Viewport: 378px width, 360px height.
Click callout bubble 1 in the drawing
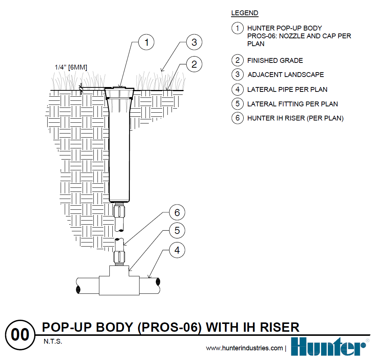click(x=147, y=42)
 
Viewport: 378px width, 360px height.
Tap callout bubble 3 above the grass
click(x=194, y=42)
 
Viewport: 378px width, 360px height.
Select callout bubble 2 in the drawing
click(x=194, y=64)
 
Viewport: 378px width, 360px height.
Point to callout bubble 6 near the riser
click(x=177, y=212)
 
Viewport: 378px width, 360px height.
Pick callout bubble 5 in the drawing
click(x=177, y=231)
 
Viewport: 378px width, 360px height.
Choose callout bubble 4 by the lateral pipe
click(x=177, y=250)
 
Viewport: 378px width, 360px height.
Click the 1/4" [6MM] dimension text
click(x=71, y=67)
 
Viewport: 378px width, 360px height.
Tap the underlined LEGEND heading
click(x=244, y=13)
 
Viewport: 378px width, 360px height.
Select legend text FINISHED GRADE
click(x=275, y=60)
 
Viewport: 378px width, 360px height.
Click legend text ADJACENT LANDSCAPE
click(x=285, y=75)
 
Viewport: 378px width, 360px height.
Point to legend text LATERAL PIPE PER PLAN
click(x=287, y=90)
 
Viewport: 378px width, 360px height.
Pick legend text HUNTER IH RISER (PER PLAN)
click(x=295, y=118)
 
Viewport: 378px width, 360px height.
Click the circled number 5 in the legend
click(x=237, y=104)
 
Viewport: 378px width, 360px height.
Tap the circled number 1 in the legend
click(x=237, y=28)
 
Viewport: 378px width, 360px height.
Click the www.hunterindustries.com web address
click(x=244, y=348)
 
